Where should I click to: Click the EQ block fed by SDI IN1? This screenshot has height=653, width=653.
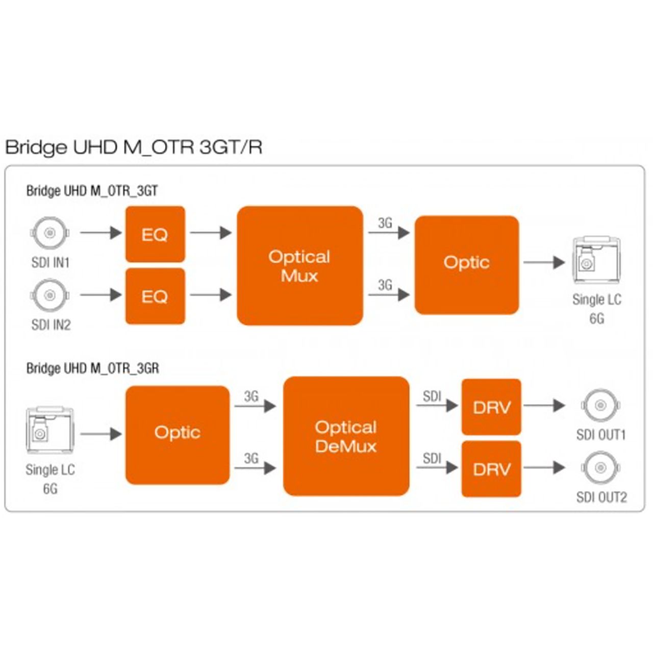(x=155, y=234)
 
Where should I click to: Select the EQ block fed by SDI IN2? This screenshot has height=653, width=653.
(x=155, y=296)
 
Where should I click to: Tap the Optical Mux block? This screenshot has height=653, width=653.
(x=300, y=266)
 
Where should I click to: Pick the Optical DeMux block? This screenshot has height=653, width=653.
(x=346, y=436)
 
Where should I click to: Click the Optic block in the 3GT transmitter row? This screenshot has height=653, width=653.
(x=467, y=265)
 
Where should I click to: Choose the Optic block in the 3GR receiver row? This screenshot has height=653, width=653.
(x=177, y=435)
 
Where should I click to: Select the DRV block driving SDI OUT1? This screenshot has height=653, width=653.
(x=491, y=407)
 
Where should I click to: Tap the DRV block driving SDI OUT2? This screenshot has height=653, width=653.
(x=491, y=469)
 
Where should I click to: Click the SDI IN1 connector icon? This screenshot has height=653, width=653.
(x=50, y=233)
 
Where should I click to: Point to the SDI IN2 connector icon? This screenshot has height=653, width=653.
(x=50, y=295)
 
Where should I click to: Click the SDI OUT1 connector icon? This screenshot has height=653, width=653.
(x=600, y=405)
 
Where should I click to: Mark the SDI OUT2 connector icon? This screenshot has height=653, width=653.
(x=600, y=468)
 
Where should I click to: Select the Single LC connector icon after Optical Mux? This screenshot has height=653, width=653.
(x=597, y=260)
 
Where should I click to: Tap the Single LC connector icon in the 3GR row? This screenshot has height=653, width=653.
(x=50, y=431)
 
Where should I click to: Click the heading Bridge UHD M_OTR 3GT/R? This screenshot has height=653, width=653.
(x=134, y=147)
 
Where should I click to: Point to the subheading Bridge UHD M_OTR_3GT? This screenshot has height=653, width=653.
(x=92, y=191)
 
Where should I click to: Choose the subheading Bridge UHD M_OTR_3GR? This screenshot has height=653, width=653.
(x=93, y=368)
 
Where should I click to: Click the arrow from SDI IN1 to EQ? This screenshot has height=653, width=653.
(x=101, y=233)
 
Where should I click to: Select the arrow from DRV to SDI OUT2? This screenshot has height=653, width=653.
(x=544, y=468)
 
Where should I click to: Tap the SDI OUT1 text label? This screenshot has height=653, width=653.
(x=601, y=435)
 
